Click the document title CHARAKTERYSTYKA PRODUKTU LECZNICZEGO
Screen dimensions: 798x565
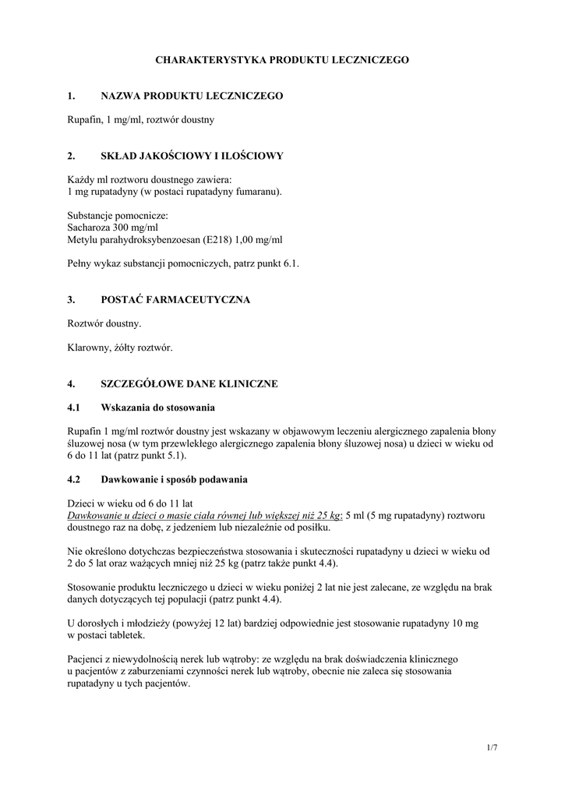click(x=282, y=59)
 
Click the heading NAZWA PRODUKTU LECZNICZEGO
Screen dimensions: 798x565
click(x=192, y=96)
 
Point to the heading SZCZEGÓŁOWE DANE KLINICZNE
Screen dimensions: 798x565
click(x=189, y=384)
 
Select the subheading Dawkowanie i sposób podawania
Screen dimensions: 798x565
click(x=175, y=479)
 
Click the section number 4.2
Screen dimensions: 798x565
click(x=75, y=479)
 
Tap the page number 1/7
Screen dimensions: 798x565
click(x=491, y=748)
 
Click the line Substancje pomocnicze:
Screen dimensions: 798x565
click(x=118, y=214)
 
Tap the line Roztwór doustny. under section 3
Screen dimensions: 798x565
click(x=105, y=323)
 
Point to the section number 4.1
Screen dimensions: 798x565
click(x=75, y=408)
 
